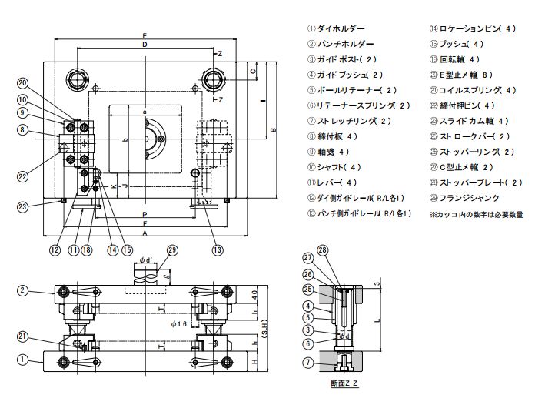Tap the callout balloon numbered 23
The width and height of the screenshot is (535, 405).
pyautogui.click(x=22, y=206)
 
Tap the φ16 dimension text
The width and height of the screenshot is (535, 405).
pyautogui.click(x=180, y=324)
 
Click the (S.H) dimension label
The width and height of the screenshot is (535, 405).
pyautogui.click(x=264, y=330)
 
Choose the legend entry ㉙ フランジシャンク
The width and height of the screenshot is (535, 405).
pyautogui.click(x=470, y=198)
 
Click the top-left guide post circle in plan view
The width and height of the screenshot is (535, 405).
pyautogui.click(x=78, y=77)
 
